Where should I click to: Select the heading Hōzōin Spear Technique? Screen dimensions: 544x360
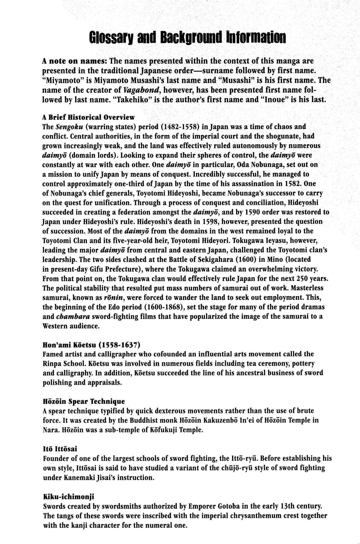click(84, 401)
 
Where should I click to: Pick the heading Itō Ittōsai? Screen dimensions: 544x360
click(60, 449)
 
